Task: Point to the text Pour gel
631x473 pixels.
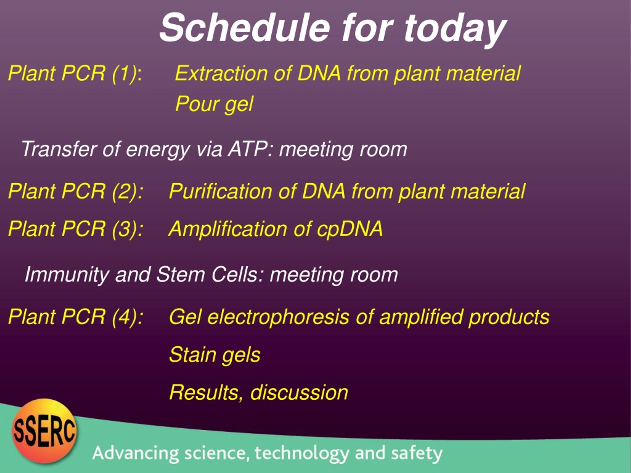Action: (214, 104)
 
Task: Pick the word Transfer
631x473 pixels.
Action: (59, 149)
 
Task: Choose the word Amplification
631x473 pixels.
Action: (228, 229)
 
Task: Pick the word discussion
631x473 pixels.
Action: (299, 393)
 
